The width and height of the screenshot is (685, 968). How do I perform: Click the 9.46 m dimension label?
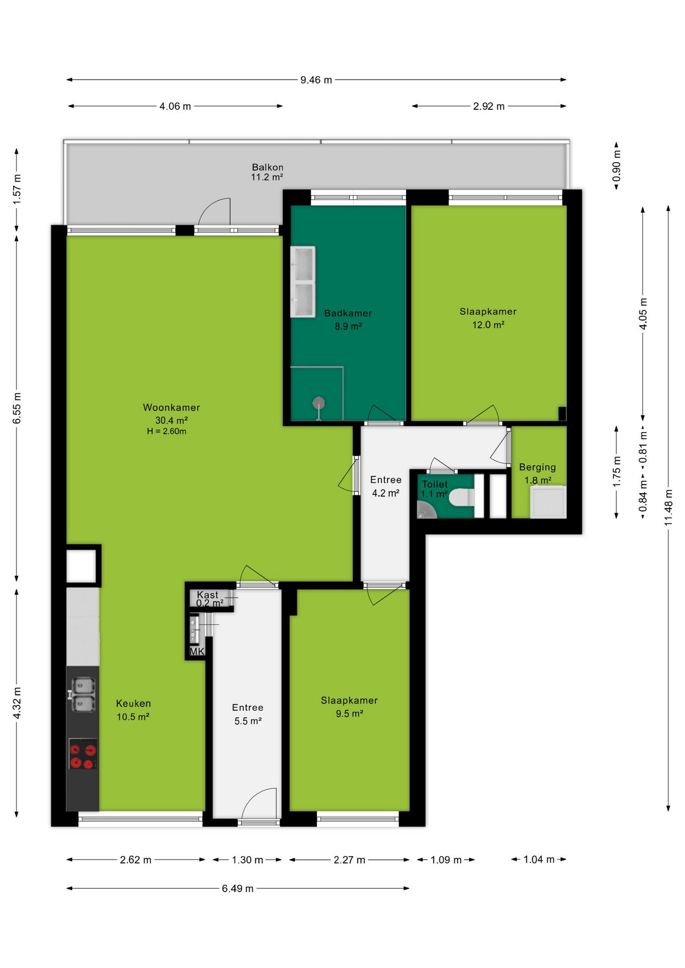tap(316, 80)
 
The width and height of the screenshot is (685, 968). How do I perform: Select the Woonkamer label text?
tap(172, 407)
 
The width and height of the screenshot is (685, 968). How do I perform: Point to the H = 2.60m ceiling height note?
tap(167, 432)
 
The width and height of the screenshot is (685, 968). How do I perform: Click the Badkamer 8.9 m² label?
tap(348, 320)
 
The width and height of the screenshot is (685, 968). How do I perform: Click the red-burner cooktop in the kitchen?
tap(83, 754)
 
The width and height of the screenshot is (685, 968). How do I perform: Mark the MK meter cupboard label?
tap(197, 651)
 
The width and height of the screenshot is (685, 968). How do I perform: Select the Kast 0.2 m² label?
tap(209, 599)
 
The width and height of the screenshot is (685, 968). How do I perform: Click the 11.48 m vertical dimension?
tap(669, 508)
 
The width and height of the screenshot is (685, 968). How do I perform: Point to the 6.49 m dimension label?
tap(238, 888)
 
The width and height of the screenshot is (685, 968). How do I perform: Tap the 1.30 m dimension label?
tap(247, 860)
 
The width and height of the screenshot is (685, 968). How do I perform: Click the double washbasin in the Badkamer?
tap(303, 281)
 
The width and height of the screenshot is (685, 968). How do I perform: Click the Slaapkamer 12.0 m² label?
tap(488, 318)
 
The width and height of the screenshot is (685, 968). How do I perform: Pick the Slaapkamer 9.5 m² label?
tap(349, 707)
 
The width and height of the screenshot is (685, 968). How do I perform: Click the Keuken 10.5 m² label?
tap(133, 710)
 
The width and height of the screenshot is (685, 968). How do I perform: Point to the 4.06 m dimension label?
tap(175, 106)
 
